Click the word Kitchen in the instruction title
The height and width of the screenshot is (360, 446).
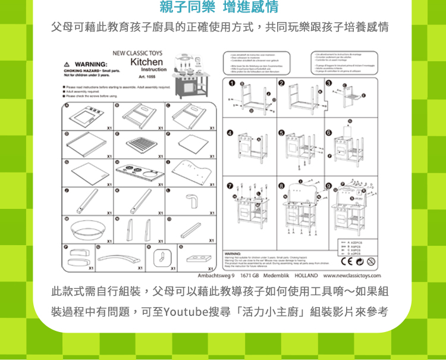pyautogui.click(x=146, y=62)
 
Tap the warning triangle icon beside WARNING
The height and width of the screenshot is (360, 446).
pyautogui.click(x=68, y=64)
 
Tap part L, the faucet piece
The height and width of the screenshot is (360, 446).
pyautogui.click(x=191, y=201)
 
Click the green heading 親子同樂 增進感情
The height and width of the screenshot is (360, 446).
pyautogui.click(x=219, y=8)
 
